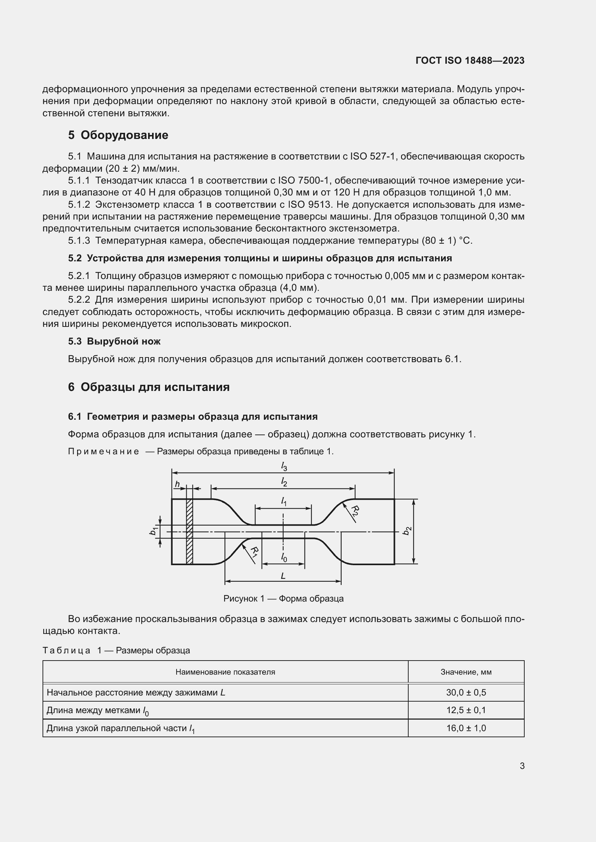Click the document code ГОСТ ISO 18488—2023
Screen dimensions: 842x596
tap(470, 60)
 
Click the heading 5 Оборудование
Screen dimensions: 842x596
tap(118, 135)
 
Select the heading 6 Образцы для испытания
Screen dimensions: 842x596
tap(148, 387)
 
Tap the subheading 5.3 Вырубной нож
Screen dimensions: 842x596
tap(114, 341)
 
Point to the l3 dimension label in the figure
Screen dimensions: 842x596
tap(284, 466)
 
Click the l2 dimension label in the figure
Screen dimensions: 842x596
tap(284, 482)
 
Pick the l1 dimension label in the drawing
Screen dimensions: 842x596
tap(284, 501)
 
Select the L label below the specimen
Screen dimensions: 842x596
tap(283, 576)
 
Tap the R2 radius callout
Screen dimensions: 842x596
tap(355, 510)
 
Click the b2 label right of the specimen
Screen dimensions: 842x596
tap(406, 531)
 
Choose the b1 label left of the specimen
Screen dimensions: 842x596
tap(153, 530)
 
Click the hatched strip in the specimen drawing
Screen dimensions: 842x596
tap(190, 531)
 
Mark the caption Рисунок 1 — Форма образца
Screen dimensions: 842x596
tap(283, 599)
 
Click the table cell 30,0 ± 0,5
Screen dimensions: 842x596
tap(466, 692)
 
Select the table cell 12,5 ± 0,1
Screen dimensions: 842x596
tap(466, 710)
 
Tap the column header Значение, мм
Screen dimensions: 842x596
tap(466, 672)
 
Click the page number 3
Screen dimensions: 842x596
tap(522, 766)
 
